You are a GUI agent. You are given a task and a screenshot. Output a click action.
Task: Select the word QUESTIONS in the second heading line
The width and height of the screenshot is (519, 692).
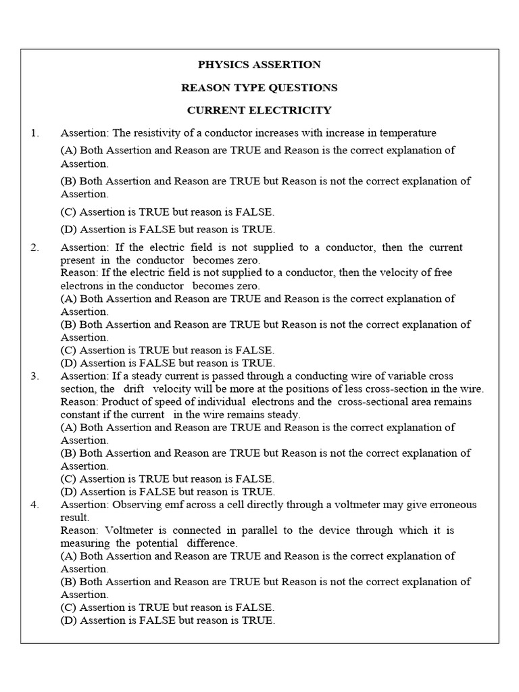click(x=302, y=87)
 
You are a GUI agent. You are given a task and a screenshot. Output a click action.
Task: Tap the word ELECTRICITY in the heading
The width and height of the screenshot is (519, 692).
click(x=294, y=109)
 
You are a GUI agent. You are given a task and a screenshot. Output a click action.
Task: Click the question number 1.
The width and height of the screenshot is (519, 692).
click(x=34, y=132)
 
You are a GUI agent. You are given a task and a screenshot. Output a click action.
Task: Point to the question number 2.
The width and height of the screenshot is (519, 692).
click(x=34, y=247)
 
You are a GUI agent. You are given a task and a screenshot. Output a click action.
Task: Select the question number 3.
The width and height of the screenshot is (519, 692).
click(x=34, y=376)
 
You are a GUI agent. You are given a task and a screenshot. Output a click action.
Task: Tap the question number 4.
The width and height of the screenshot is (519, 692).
click(x=34, y=505)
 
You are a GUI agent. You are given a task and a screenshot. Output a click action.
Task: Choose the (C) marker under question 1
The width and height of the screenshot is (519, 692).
click(x=69, y=212)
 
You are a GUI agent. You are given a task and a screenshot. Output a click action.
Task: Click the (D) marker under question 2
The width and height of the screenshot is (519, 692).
click(x=69, y=363)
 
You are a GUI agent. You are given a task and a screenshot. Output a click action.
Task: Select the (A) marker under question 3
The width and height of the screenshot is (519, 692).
click(x=69, y=427)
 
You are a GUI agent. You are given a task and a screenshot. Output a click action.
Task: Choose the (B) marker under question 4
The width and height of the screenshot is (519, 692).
click(x=69, y=582)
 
